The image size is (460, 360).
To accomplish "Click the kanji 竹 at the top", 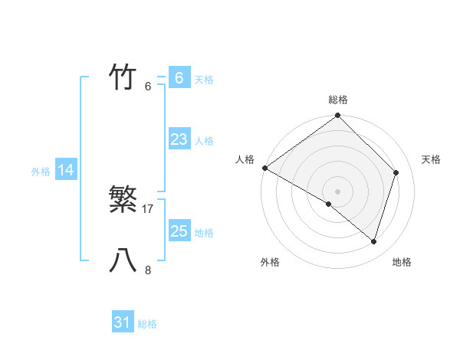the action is [123, 77].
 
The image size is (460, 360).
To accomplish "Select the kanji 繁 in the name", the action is [123, 200].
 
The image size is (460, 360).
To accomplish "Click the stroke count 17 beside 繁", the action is [149, 208].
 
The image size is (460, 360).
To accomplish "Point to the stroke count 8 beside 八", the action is [148, 270].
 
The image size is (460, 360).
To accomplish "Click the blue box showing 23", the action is [179, 139].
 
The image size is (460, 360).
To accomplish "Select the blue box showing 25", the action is [179, 231].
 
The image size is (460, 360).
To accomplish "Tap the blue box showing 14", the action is [66, 170].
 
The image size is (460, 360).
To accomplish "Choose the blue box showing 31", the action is [123, 322].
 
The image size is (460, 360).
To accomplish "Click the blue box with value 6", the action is [179, 77].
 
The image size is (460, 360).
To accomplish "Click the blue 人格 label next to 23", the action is [204, 141].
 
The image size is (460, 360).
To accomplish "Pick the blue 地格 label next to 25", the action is [204, 233].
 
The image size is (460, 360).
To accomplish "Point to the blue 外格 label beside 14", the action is [41, 172].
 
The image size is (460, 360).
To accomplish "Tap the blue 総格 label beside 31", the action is [147, 324].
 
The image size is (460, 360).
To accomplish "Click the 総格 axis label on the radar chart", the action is [338, 100].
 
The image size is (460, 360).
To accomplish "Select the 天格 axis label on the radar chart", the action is [432, 159].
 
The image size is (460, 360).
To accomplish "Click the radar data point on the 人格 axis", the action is [264, 168].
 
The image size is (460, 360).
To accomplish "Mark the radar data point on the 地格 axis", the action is [374, 241].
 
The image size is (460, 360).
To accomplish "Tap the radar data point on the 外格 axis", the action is [329, 204].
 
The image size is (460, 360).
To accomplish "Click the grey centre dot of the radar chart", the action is [338, 191].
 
